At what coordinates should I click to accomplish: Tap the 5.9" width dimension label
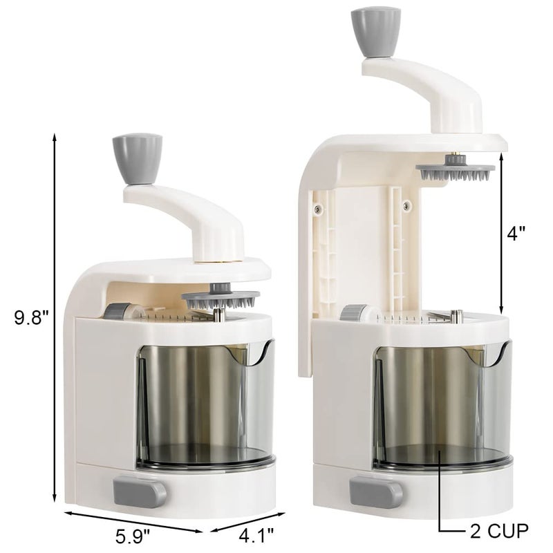point(132,533)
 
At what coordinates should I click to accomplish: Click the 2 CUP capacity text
point(496,531)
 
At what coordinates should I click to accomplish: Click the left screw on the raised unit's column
point(317,208)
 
